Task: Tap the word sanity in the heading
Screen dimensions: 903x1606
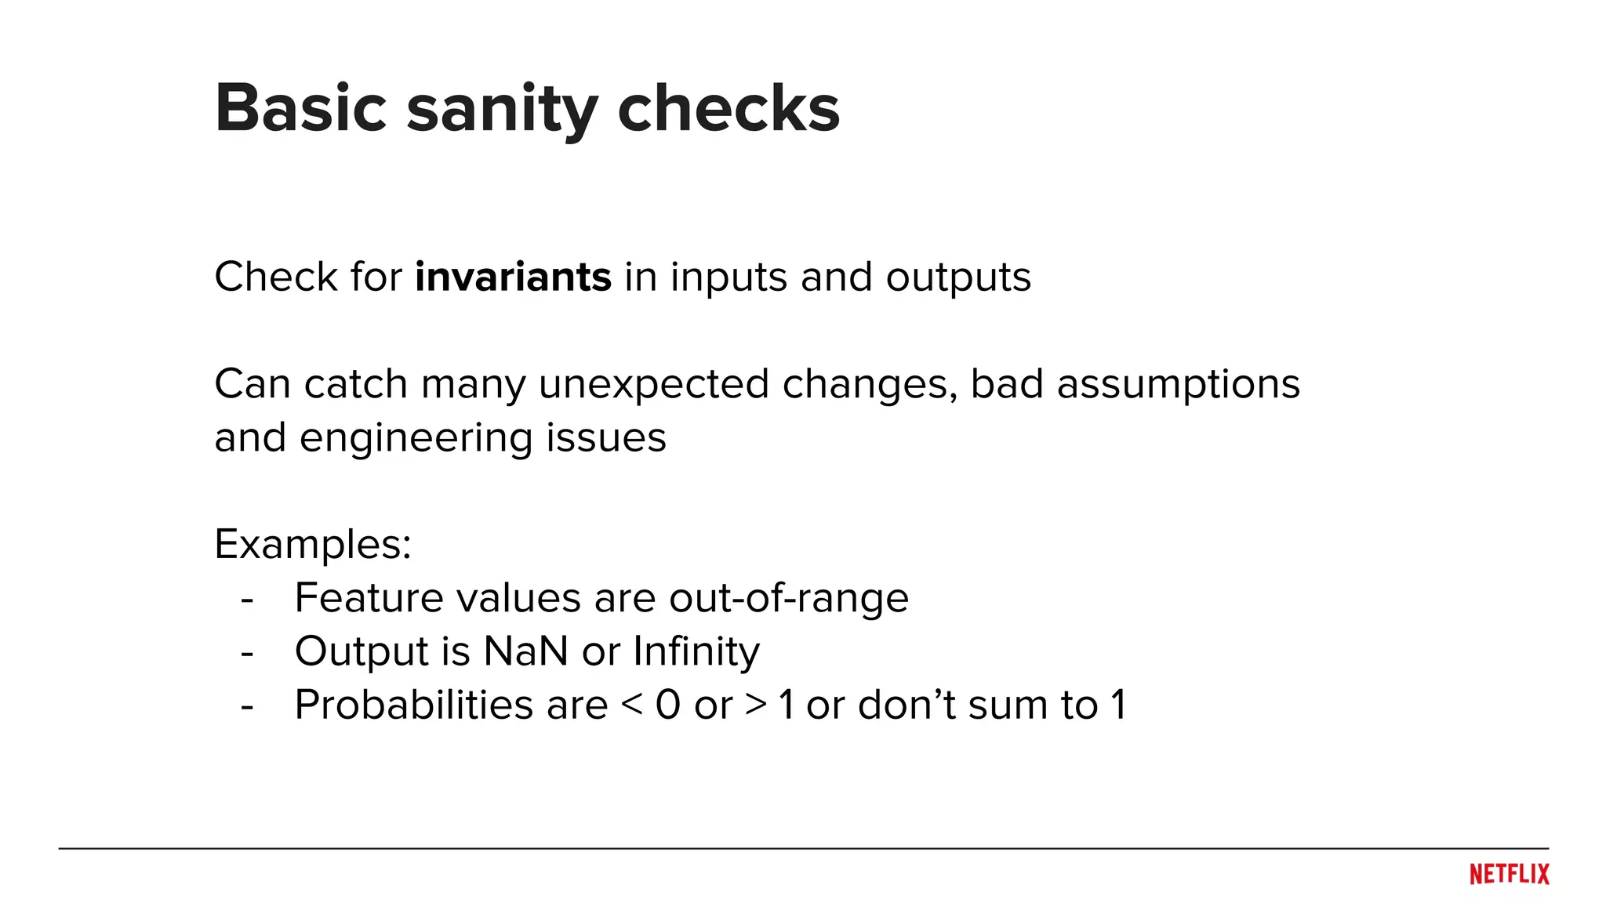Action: [x=502, y=110]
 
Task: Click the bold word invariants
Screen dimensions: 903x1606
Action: [x=513, y=277]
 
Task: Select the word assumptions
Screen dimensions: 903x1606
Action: [x=1178, y=386]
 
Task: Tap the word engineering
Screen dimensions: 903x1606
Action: [x=416, y=439]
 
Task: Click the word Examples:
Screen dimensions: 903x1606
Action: [x=313, y=545]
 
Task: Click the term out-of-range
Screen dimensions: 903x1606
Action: [x=788, y=598]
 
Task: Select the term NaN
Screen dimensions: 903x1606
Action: [x=525, y=651]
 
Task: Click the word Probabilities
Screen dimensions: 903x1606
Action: [x=451, y=705]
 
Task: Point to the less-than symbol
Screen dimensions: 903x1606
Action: [x=632, y=705]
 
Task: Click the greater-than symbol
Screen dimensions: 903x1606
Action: [x=756, y=705]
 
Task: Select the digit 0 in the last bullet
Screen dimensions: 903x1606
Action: [x=667, y=705]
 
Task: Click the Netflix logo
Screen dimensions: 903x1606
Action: [x=1509, y=874]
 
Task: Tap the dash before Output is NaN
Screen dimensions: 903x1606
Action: [x=248, y=652]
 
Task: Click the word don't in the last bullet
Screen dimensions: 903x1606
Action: [x=907, y=705]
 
